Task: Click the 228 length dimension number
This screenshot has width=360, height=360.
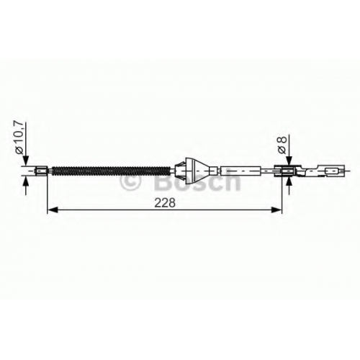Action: click(x=165, y=203)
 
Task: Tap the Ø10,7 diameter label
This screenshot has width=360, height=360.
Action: click(x=19, y=138)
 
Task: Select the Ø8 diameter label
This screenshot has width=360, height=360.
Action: click(x=282, y=145)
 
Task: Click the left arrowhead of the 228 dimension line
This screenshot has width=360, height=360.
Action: click(x=53, y=210)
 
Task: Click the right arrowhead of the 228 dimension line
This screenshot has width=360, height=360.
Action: click(x=276, y=210)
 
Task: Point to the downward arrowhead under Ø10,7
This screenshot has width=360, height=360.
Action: click(x=26, y=161)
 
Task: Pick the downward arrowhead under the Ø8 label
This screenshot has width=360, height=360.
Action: click(x=289, y=161)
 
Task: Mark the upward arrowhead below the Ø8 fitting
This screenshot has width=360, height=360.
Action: click(x=289, y=181)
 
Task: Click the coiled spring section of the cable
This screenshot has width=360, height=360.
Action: click(x=111, y=171)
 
